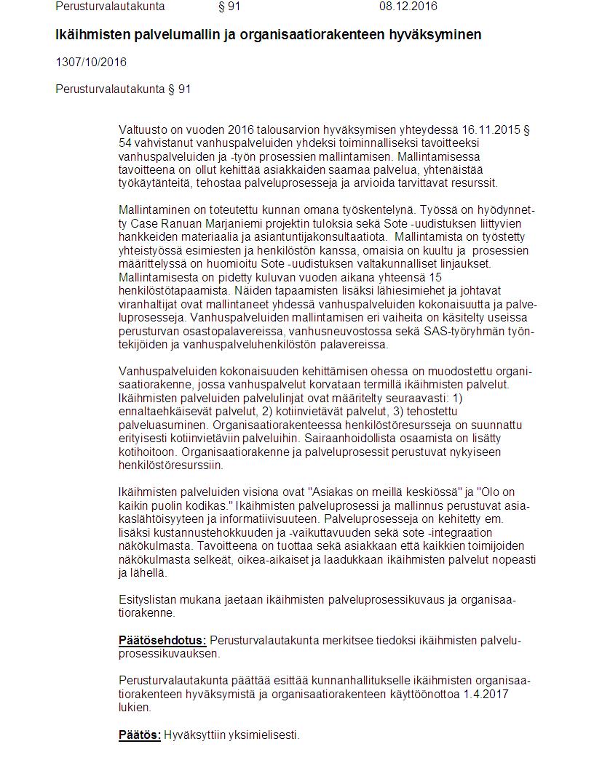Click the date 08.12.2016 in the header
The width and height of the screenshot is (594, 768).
tap(408, 7)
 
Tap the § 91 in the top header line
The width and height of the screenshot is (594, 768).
tap(229, 7)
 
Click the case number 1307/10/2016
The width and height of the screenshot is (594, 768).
tap(91, 62)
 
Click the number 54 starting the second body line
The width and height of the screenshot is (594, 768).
tap(125, 143)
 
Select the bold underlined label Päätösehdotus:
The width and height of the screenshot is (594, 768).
tap(162, 640)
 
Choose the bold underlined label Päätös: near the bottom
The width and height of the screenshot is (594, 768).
tap(140, 735)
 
